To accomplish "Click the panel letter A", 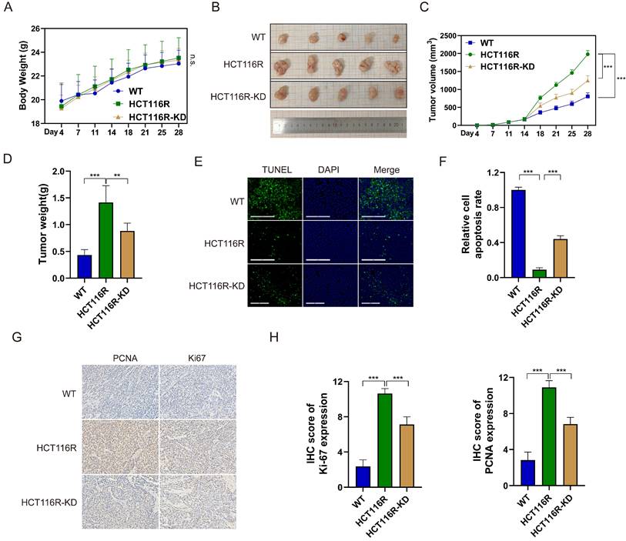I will (x=9, y=8).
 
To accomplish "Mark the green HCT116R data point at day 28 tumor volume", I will (x=588, y=54).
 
